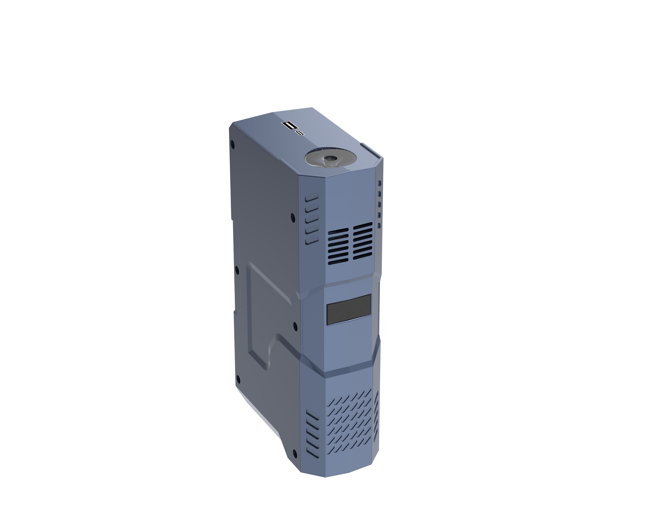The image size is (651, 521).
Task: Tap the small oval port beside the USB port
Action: click(300, 133)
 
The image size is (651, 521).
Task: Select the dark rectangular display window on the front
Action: click(349, 310)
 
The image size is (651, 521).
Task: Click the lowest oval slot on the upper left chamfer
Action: click(312, 240)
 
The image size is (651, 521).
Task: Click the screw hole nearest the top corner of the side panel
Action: click(232, 144)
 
